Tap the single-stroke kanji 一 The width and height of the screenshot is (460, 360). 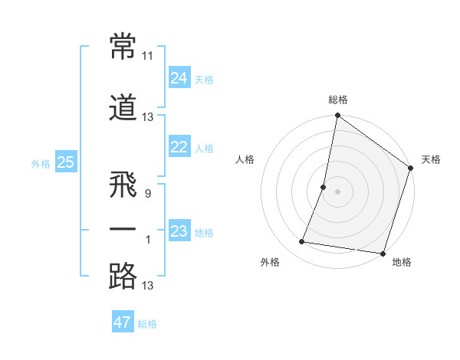(x=123, y=231)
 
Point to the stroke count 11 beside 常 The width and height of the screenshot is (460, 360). (x=148, y=56)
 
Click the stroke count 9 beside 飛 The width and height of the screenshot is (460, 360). (x=148, y=194)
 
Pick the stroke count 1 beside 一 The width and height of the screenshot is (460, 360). (x=148, y=240)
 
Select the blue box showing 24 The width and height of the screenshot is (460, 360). (x=179, y=78)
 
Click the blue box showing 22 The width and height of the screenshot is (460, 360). (x=179, y=148)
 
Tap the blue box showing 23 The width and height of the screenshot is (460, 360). (x=179, y=231)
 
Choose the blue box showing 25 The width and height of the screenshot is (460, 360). (x=65, y=162)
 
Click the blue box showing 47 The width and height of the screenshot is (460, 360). (x=123, y=322)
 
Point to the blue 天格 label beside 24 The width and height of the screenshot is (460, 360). (x=204, y=79)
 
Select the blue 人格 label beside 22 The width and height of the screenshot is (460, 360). (x=204, y=149)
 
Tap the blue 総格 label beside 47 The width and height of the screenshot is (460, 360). (x=147, y=324)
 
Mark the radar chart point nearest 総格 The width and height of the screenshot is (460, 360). (x=337, y=116)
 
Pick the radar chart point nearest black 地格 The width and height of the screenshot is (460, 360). (x=382, y=254)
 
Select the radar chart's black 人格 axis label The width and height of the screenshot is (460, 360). (x=245, y=159)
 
